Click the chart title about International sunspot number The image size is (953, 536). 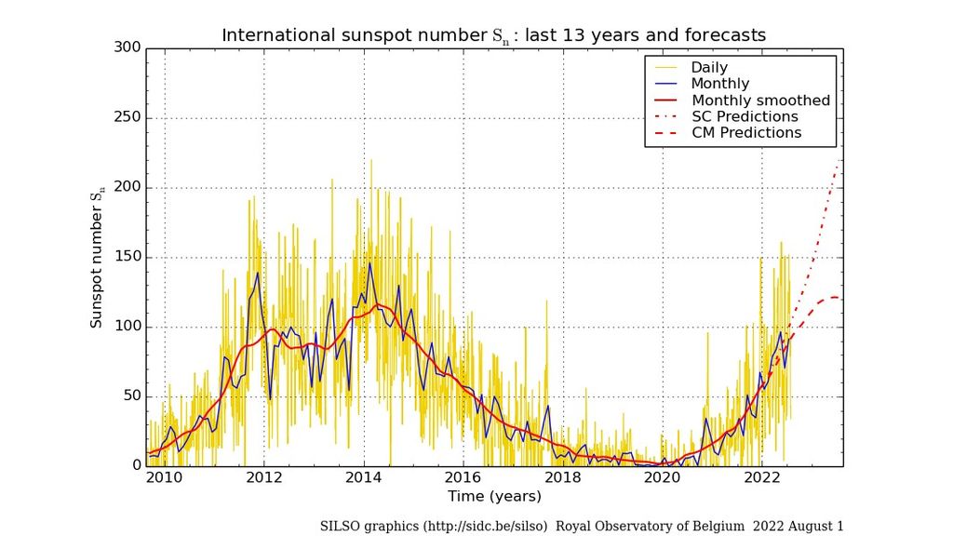[493, 35]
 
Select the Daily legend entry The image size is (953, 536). [709, 68]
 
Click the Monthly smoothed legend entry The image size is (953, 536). [760, 100]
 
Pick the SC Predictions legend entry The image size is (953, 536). [745, 116]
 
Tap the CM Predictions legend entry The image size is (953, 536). [746, 133]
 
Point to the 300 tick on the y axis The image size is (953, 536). [128, 47]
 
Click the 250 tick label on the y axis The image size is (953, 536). [128, 117]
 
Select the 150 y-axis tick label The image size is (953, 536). [128, 257]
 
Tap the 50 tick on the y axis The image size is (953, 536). [132, 396]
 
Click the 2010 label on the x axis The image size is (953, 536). [165, 478]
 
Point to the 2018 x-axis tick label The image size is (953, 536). [563, 478]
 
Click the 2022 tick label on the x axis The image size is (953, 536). [762, 478]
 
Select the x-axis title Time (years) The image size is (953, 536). [494, 497]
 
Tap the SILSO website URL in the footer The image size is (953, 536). [474, 526]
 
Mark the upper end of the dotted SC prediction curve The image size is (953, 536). [841, 160]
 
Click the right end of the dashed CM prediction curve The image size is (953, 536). [841, 297]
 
